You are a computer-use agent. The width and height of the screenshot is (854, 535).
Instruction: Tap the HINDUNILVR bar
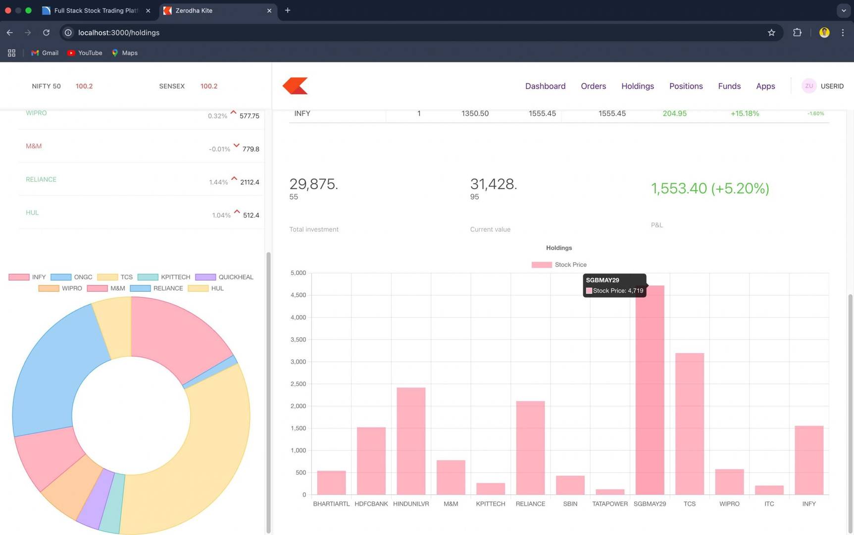(x=411, y=441)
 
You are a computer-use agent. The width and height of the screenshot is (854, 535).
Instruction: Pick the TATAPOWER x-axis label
(x=609, y=504)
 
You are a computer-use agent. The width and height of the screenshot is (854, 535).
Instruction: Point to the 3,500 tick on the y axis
(x=298, y=340)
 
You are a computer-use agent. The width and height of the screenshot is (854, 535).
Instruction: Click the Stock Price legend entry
(x=559, y=265)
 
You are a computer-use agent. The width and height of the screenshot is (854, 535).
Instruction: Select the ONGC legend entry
(x=72, y=277)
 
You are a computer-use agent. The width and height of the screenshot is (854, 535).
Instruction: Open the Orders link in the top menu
(x=593, y=86)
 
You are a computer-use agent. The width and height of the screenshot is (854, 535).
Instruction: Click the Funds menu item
(x=729, y=86)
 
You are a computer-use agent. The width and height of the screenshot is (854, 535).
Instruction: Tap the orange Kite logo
(x=295, y=86)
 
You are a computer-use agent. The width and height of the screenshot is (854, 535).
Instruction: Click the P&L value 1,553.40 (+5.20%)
(x=709, y=188)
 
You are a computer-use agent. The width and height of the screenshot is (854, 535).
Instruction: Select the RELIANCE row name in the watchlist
(x=41, y=179)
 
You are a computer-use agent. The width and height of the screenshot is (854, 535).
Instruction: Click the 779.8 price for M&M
(x=251, y=149)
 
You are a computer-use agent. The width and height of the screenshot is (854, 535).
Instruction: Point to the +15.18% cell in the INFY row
(x=744, y=113)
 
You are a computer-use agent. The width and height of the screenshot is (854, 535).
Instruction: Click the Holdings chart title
(x=559, y=248)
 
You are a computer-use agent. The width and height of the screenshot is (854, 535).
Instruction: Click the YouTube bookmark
(x=85, y=53)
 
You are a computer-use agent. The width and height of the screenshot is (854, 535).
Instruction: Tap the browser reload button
(x=46, y=33)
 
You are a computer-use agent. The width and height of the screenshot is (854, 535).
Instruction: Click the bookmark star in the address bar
(x=771, y=33)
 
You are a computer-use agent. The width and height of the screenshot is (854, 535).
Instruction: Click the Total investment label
(x=314, y=229)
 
